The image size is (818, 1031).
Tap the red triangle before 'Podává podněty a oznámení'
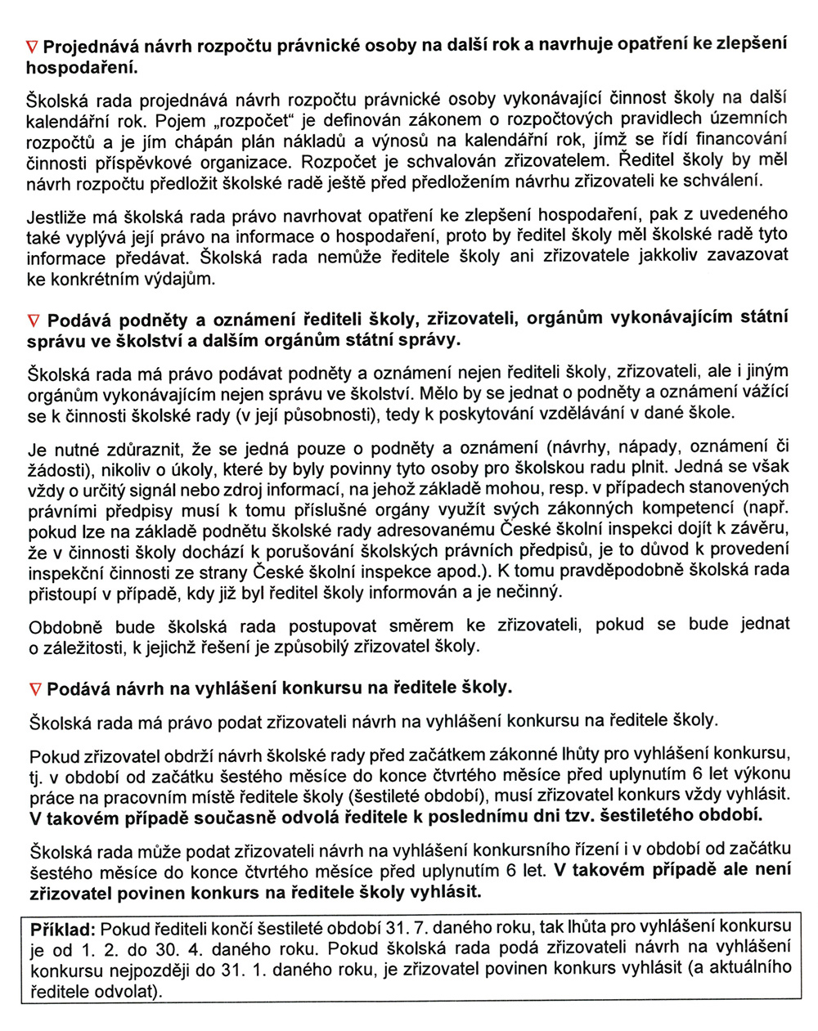coord(34,319)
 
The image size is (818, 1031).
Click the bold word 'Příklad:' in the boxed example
coord(64,930)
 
